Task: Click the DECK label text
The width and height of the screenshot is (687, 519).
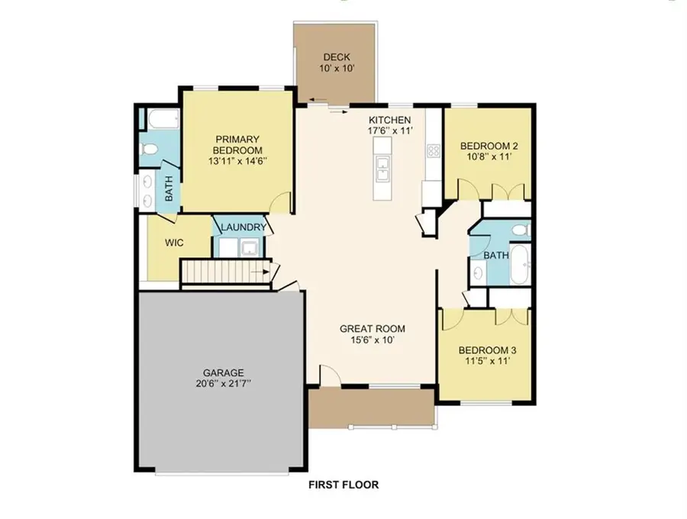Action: click(336, 56)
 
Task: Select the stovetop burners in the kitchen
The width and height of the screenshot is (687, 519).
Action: click(434, 150)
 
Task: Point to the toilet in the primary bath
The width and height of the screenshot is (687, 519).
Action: click(152, 148)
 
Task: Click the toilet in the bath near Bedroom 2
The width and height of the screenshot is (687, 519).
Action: click(518, 229)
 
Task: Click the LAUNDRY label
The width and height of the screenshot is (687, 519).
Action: click(243, 227)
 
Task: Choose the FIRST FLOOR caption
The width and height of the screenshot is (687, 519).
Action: click(343, 484)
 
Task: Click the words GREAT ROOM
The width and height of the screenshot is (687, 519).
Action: click(373, 329)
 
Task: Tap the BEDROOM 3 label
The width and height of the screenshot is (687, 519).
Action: click(487, 350)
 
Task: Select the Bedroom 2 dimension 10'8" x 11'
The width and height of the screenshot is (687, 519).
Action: click(488, 156)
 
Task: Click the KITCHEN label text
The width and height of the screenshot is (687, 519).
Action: click(390, 120)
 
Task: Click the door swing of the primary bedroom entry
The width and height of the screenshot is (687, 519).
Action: click(282, 203)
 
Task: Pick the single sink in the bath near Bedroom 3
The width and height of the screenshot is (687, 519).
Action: click(477, 272)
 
